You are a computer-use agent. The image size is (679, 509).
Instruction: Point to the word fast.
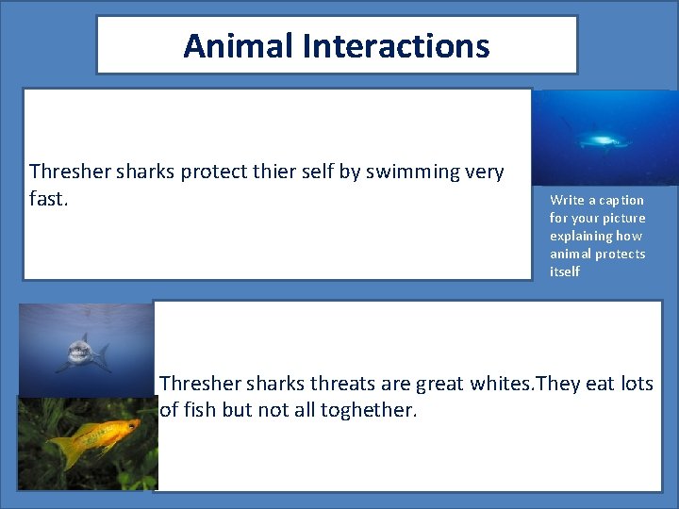[x=48, y=200]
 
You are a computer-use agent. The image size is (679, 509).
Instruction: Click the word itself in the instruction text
[x=565, y=271]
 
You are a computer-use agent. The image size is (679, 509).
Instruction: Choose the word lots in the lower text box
[x=638, y=384]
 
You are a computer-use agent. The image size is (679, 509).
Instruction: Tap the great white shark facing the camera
[x=81, y=353]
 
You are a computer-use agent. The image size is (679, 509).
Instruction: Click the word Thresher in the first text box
[x=67, y=172]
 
